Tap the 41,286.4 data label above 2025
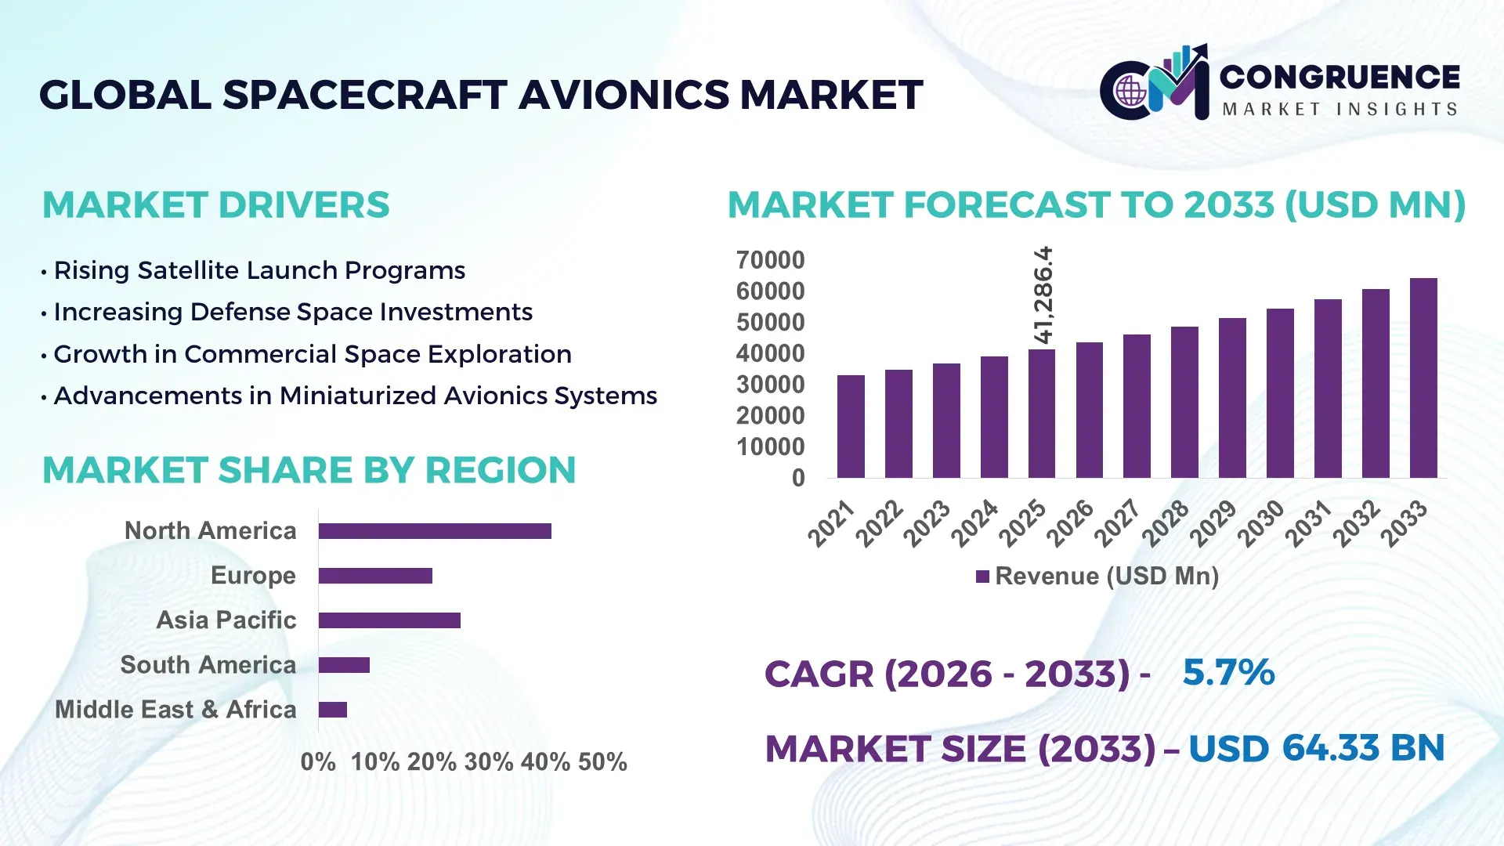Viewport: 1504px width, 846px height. (x=1043, y=295)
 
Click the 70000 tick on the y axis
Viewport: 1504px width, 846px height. (x=770, y=260)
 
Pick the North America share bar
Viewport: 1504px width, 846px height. (x=435, y=531)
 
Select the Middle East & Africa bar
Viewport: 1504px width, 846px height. (x=333, y=710)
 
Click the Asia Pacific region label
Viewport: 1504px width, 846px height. (x=226, y=620)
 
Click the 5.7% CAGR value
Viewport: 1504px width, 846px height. (x=1228, y=672)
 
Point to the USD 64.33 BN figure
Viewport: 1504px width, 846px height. (x=1316, y=748)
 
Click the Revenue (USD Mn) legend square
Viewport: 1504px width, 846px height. (x=982, y=577)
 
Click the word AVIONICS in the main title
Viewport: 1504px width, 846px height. (x=624, y=95)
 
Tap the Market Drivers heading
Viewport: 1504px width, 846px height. (x=215, y=205)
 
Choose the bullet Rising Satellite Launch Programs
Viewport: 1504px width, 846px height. (x=258, y=270)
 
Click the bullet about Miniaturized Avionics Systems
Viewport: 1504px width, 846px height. (x=355, y=396)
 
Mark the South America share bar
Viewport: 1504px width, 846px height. (x=344, y=665)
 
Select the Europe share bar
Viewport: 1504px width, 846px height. (x=375, y=576)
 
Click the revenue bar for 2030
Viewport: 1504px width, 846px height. (x=1280, y=393)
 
